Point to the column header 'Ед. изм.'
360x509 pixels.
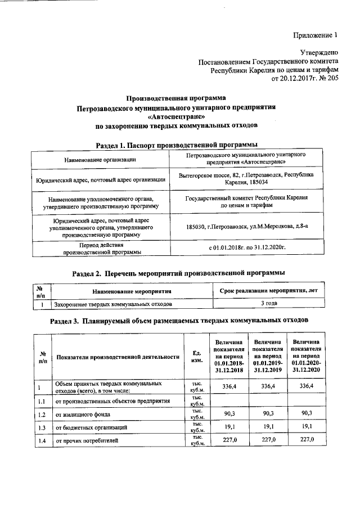[197, 357]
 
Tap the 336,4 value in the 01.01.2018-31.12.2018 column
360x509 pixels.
[229, 386]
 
